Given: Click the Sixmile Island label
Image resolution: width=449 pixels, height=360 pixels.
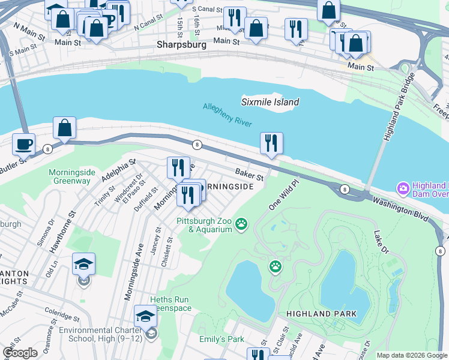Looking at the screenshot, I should [x=270, y=102].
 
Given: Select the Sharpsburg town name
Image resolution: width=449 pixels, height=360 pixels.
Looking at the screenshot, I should [x=181, y=44].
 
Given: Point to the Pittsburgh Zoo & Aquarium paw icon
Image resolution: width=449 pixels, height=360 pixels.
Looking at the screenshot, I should [x=241, y=224].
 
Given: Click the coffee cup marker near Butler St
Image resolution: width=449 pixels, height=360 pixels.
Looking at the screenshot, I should [x=24, y=145].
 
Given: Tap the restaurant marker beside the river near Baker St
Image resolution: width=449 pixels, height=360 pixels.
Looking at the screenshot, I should [x=271, y=143].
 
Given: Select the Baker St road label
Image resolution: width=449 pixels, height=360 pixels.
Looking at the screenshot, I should [x=249, y=175].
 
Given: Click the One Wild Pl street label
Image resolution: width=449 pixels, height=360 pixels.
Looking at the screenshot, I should [x=283, y=196].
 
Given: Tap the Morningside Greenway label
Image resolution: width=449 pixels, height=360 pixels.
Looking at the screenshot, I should [x=70, y=176].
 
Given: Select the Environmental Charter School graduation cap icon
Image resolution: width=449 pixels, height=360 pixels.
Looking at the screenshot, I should [x=145, y=316].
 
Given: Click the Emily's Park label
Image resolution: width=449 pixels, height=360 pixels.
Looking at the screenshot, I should [x=221, y=340].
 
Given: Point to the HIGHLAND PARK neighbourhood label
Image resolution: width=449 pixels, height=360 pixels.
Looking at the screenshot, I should [x=321, y=313].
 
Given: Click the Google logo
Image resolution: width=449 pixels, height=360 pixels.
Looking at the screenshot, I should [x=20, y=353].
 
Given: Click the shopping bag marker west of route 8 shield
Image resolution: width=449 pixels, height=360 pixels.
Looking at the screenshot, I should [x=64, y=128].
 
